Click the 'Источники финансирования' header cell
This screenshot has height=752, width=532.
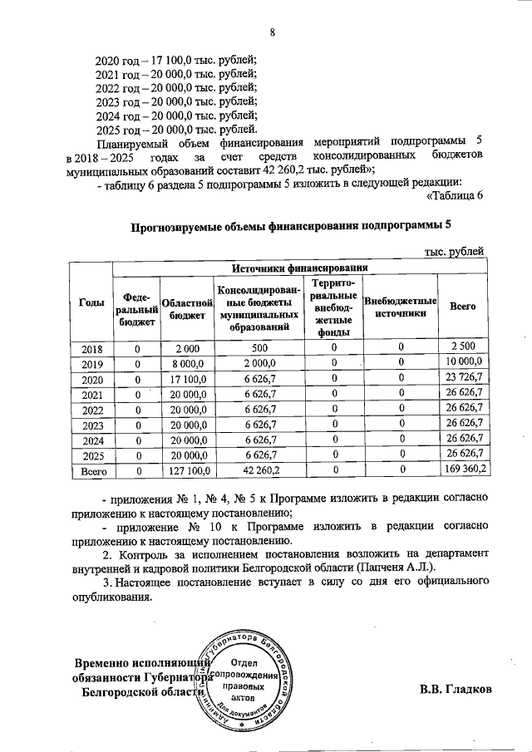[x=300, y=268]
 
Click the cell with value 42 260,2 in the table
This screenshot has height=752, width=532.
[x=259, y=470]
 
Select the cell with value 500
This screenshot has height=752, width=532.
[x=259, y=347]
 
